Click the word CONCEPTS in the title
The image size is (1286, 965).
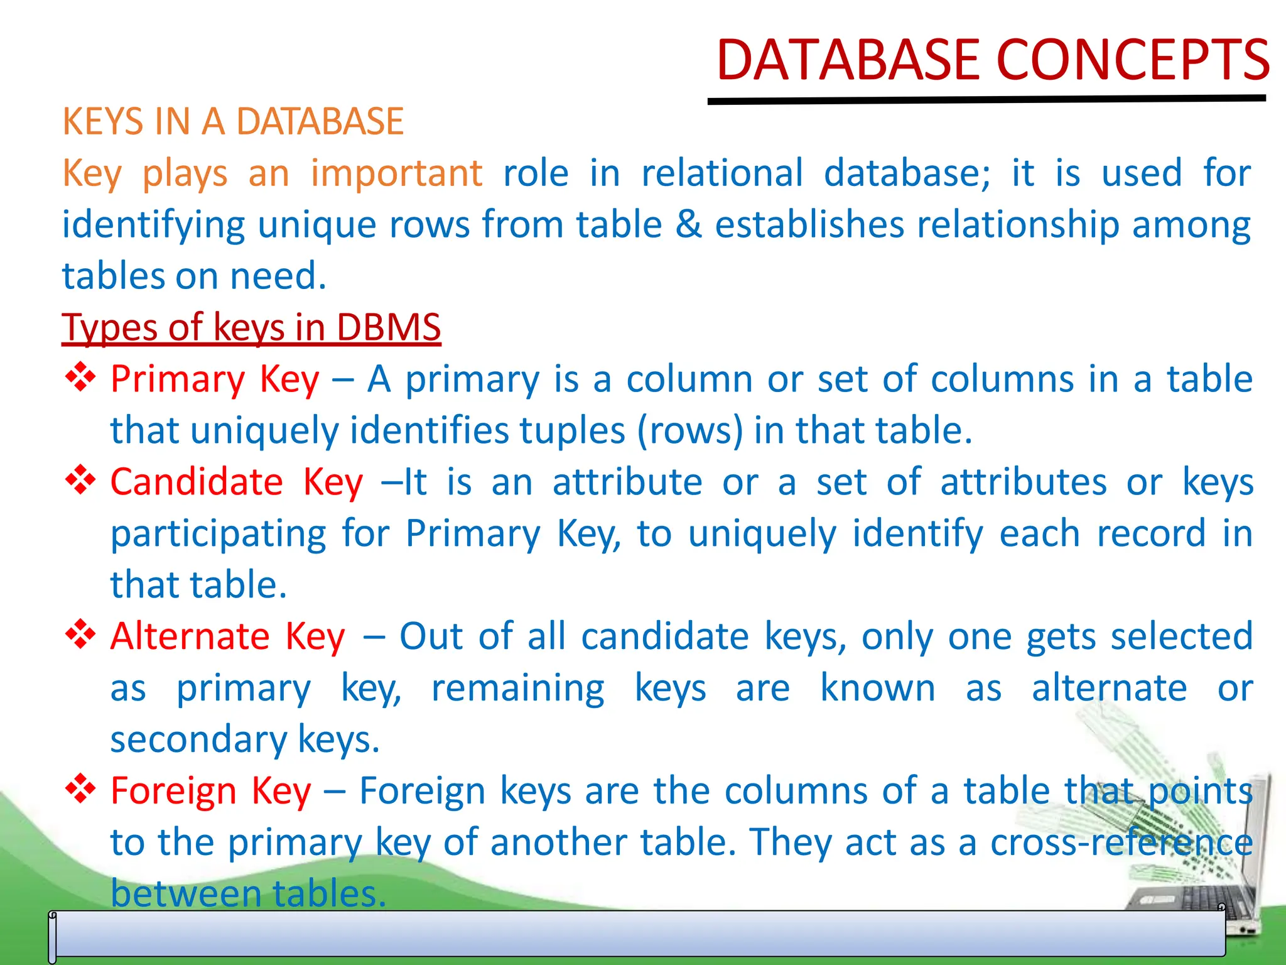click(1133, 61)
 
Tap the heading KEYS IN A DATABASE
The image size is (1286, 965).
click(233, 121)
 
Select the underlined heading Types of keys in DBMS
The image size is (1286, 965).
click(251, 328)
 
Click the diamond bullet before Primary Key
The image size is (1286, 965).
click(80, 378)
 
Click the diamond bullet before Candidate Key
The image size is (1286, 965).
click(80, 481)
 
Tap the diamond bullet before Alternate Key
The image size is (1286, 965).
click(80, 635)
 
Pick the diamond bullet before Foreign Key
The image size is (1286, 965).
click(80, 789)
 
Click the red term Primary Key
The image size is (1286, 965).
click(215, 380)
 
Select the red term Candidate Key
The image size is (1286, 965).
click(237, 482)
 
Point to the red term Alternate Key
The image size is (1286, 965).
click(228, 637)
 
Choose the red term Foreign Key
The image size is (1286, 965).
click(211, 792)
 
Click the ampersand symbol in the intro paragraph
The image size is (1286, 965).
click(688, 225)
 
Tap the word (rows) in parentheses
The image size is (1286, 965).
click(690, 432)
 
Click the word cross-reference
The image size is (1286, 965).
click(1121, 842)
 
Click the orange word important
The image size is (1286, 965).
click(396, 173)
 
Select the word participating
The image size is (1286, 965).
click(219, 535)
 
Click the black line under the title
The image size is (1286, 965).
click(986, 100)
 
